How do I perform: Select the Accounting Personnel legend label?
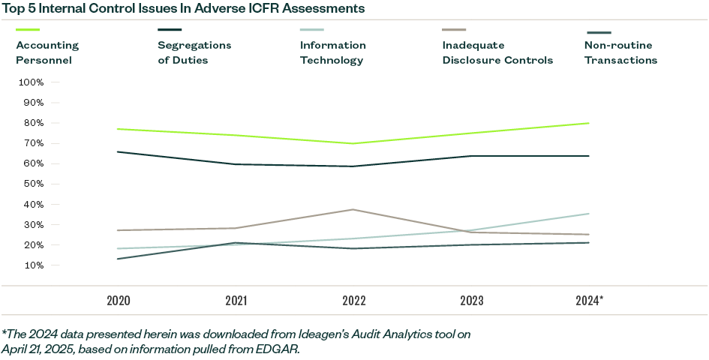(47, 52)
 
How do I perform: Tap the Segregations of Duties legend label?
(194, 52)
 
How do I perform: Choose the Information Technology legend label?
(333, 52)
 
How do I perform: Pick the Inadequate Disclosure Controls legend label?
(497, 52)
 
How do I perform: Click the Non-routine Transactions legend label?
(620, 52)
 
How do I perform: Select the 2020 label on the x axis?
(119, 301)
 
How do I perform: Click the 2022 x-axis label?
(354, 301)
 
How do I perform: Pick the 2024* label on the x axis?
(590, 301)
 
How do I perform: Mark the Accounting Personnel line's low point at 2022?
(354, 143)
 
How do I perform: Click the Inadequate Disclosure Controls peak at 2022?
(354, 209)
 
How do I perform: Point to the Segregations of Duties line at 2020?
(119, 151)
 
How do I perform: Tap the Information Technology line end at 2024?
(589, 214)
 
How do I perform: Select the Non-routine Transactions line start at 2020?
(119, 259)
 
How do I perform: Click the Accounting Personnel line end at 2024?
(589, 123)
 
